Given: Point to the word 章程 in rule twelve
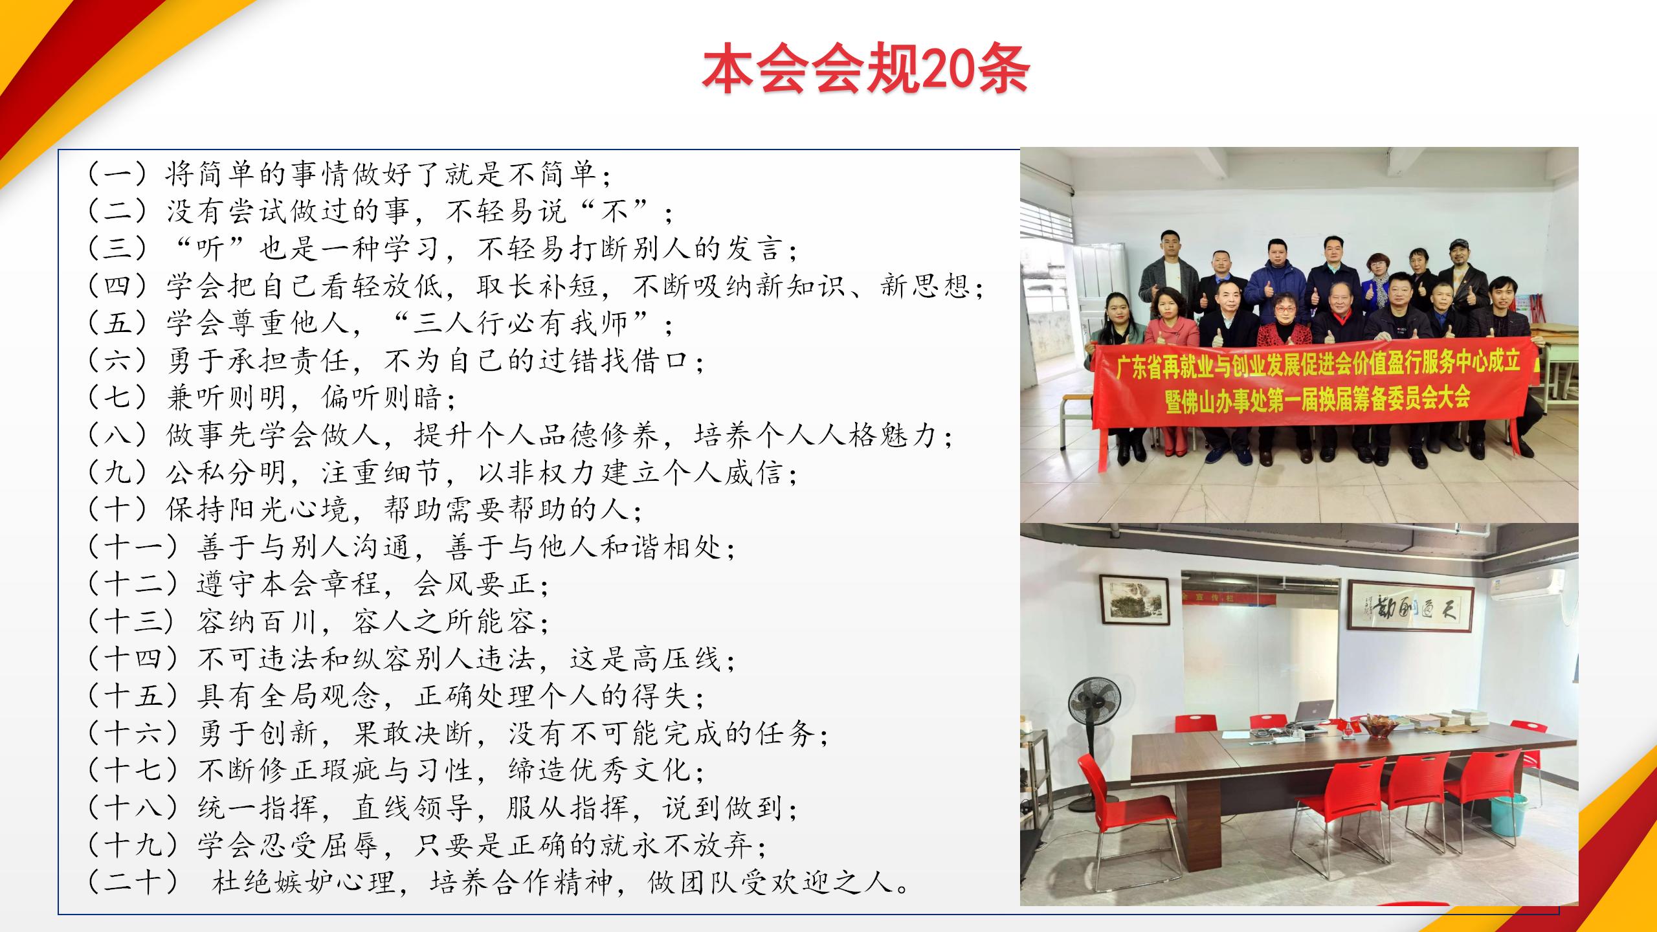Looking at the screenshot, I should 353,584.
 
